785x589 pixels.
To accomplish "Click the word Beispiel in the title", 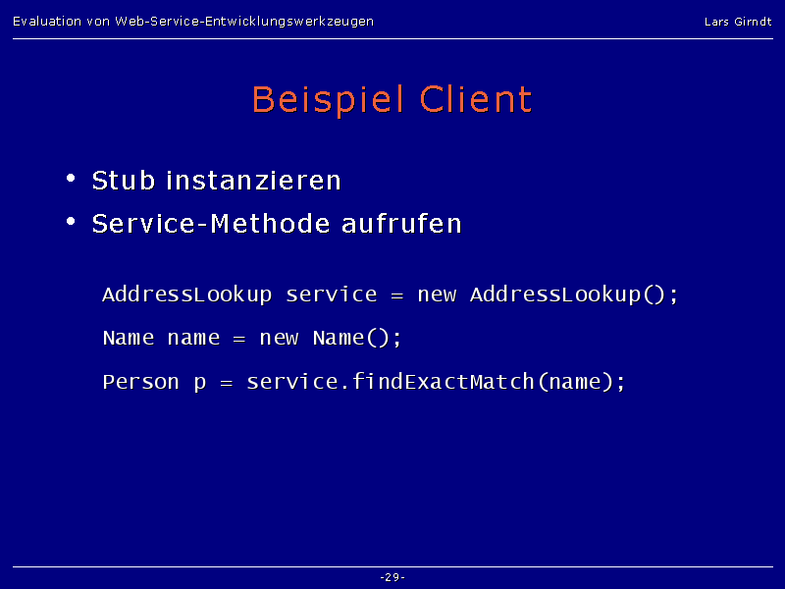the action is pyautogui.click(x=328, y=100).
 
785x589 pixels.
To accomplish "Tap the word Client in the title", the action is pyautogui.click(x=476, y=99).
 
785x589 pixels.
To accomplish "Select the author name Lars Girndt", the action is pyautogui.click(x=738, y=22).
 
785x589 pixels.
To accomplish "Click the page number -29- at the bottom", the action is pyautogui.click(x=392, y=577).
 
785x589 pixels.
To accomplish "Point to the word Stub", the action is pyautogui.click(x=124, y=181).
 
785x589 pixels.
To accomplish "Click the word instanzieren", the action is pyautogui.click(x=253, y=181).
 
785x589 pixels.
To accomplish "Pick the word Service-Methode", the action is pyautogui.click(x=211, y=224).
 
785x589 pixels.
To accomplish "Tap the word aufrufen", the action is pyautogui.click(x=401, y=224).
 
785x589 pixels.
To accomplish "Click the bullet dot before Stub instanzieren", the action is pyautogui.click(x=71, y=178).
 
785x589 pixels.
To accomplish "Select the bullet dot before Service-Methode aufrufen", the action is pyautogui.click(x=71, y=221).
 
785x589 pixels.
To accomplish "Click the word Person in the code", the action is pyautogui.click(x=140, y=382).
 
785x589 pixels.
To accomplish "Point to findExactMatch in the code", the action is pyautogui.click(x=444, y=382).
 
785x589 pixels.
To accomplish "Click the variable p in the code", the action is pyautogui.click(x=200, y=384).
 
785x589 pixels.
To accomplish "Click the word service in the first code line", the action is pyautogui.click(x=332, y=295).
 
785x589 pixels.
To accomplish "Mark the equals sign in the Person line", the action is pyautogui.click(x=227, y=384).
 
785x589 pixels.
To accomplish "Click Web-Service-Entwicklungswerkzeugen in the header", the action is pyautogui.click(x=244, y=22).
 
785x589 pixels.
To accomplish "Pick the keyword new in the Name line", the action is pyautogui.click(x=279, y=339).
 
